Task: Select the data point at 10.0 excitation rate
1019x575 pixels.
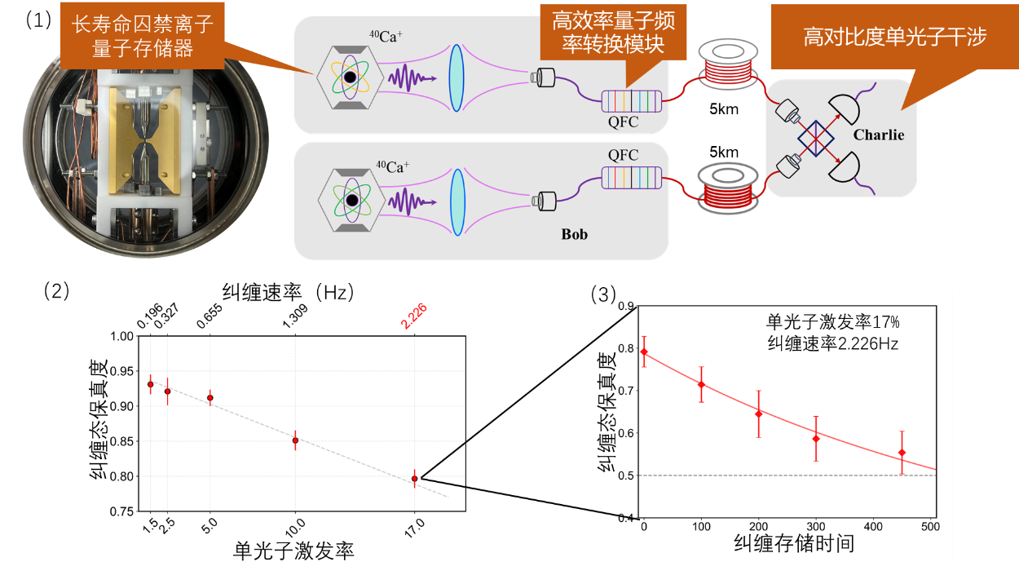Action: click(x=295, y=440)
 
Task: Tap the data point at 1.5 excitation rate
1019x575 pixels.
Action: click(x=150, y=384)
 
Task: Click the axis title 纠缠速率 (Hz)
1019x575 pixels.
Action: click(x=289, y=291)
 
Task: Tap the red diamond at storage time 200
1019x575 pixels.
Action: click(x=758, y=414)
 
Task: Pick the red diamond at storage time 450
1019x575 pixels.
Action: click(x=902, y=453)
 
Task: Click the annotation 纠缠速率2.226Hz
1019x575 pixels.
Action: click(x=832, y=343)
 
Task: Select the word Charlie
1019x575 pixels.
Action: click(x=879, y=135)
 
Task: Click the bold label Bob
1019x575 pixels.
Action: click(x=574, y=235)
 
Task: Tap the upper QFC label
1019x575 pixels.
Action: click(x=624, y=123)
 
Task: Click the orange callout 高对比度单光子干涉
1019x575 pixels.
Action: click(x=894, y=38)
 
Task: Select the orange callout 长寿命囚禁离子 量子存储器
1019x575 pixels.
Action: click(x=143, y=37)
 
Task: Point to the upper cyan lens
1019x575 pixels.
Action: click(x=456, y=78)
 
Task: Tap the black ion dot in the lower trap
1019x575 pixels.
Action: click(x=351, y=200)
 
